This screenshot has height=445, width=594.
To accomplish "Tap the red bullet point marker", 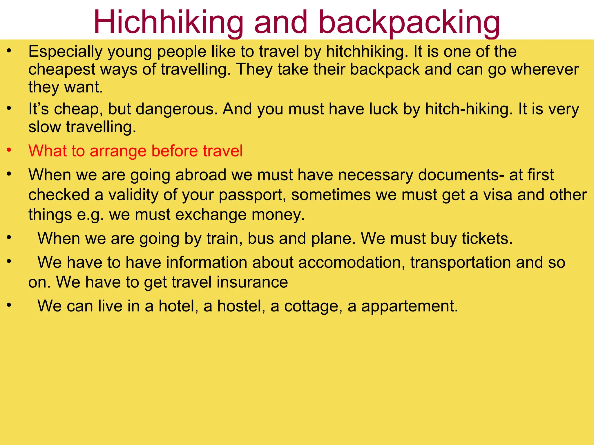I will click(x=9, y=150).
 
